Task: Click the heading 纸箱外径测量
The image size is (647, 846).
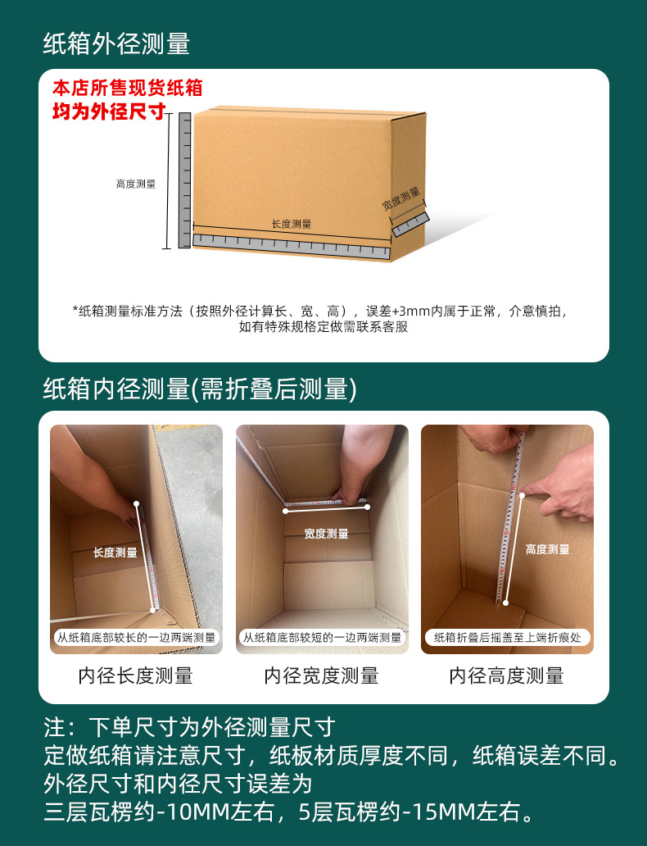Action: (116, 44)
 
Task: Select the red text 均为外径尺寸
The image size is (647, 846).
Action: (110, 111)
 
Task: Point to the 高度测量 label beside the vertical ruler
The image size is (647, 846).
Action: (136, 184)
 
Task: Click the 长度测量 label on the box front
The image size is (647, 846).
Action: (292, 224)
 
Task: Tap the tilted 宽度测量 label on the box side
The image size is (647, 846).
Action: (401, 198)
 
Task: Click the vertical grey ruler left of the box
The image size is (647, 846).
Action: (184, 180)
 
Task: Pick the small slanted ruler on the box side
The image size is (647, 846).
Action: (409, 224)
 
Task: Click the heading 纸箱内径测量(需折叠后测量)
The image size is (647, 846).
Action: (200, 389)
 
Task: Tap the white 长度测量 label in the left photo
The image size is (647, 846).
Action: (115, 553)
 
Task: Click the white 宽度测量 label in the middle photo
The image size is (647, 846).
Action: (326, 534)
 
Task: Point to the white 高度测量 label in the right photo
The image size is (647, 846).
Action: (547, 549)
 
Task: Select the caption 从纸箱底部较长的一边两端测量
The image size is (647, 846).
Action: (136, 637)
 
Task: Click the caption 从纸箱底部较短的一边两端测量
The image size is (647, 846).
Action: (322, 637)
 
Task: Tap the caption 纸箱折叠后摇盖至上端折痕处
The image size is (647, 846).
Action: (507, 637)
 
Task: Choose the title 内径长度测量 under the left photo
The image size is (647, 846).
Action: (136, 676)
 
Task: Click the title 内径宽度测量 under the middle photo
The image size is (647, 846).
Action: (322, 676)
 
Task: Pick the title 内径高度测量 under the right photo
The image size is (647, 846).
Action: (507, 676)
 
